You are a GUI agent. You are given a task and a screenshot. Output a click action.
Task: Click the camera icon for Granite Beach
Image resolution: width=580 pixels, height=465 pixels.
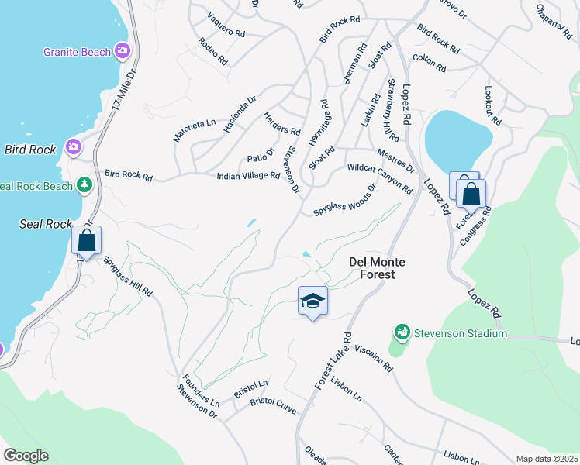pyautogui.click(x=122, y=52)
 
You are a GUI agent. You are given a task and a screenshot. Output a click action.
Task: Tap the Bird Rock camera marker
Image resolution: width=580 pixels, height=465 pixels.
pyautogui.click(x=74, y=146)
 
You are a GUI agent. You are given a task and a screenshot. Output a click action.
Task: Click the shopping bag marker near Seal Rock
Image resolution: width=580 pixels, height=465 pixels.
pyautogui.click(x=87, y=239)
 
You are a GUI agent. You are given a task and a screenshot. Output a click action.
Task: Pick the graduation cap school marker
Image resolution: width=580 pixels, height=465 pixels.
pyautogui.click(x=312, y=301)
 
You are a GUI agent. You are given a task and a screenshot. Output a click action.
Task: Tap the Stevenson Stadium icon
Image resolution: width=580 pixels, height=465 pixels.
pyautogui.click(x=402, y=333)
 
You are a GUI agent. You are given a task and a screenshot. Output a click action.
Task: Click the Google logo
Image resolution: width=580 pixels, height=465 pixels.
pyautogui.click(x=26, y=456)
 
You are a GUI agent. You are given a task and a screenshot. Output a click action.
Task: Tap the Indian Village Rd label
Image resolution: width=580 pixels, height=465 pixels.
pyautogui.click(x=248, y=177)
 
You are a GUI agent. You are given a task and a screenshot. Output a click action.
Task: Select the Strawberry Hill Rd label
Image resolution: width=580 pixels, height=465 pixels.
pyautogui.click(x=392, y=110)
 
